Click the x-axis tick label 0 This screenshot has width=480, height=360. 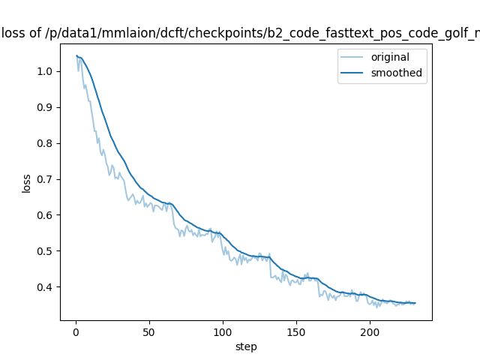[x=76, y=331]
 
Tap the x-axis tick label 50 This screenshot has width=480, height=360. [x=149, y=331]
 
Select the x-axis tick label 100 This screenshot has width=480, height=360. [x=223, y=331]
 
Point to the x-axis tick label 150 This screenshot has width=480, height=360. [x=296, y=331]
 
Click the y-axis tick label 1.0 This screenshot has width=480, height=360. [x=45, y=72]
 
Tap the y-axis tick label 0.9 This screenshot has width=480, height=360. [x=45, y=108]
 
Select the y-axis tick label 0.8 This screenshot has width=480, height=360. [x=45, y=144]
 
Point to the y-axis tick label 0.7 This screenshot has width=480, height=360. [x=45, y=180]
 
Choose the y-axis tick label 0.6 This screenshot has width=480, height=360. [x=45, y=216]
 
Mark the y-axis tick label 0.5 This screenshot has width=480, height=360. [x=45, y=251]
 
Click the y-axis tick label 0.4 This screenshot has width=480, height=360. [x=45, y=287]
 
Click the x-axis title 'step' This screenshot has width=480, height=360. [x=246, y=346]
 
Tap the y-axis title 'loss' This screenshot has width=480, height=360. [x=27, y=183]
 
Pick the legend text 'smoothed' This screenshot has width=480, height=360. [x=397, y=73]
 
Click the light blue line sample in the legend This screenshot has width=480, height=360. [x=354, y=57]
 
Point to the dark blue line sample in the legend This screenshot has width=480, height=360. [x=354, y=73]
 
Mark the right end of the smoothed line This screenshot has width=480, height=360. [x=415, y=303]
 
